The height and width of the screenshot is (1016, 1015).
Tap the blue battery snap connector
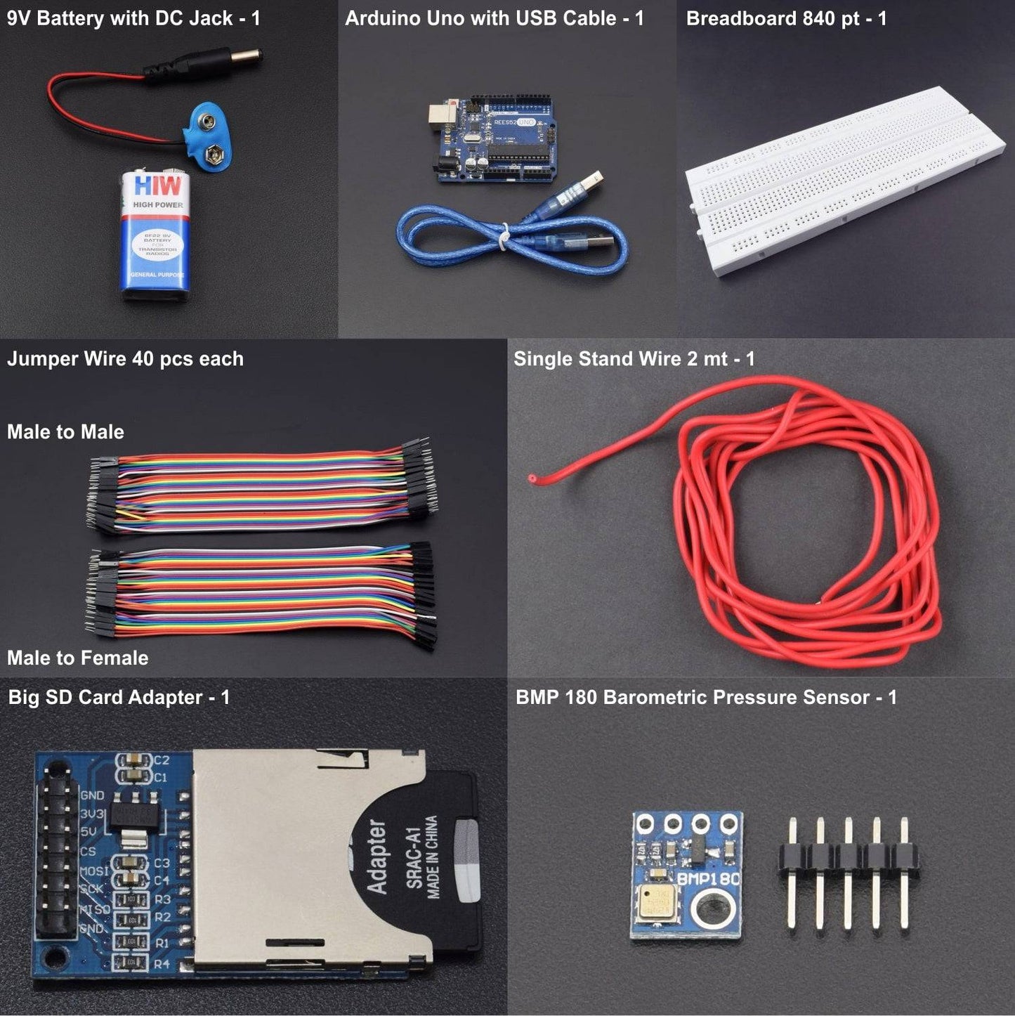(x=209, y=136)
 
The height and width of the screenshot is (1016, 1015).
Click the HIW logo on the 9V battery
(x=157, y=187)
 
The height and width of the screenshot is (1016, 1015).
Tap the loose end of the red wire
(x=532, y=479)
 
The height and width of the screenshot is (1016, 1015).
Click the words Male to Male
(x=65, y=432)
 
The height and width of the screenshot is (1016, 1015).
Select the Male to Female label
(x=77, y=658)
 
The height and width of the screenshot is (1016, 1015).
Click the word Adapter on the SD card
(x=377, y=857)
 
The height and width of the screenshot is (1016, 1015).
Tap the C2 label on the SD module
(x=162, y=760)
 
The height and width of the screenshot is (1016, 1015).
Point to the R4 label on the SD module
(x=162, y=964)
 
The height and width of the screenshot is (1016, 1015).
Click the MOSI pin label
(x=94, y=871)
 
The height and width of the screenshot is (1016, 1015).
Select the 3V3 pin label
(x=92, y=814)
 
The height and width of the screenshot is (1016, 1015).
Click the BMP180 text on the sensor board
(x=708, y=878)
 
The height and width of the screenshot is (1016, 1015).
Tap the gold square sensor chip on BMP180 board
(x=658, y=903)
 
